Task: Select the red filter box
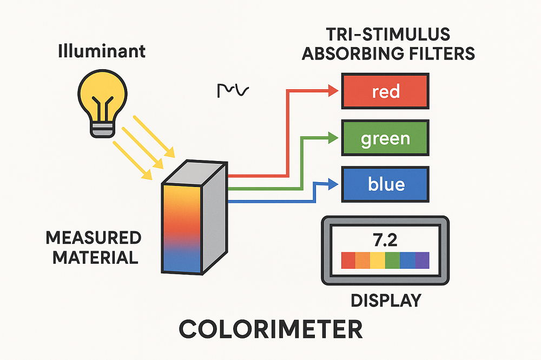[x=385, y=91]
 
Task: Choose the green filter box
[x=385, y=138]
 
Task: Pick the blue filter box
[x=385, y=184]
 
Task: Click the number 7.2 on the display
[x=385, y=238]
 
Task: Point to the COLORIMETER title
[x=270, y=329]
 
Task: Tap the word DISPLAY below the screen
[x=385, y=300]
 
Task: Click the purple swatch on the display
[x=421, y=260]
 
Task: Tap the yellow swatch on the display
[x=377, y=260]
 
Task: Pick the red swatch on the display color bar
[x=348, y=260]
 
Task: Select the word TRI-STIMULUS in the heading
[x=388, y=35]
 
